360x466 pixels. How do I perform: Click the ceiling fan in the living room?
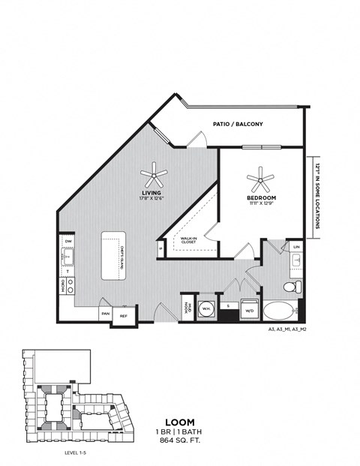(x=155, y=176)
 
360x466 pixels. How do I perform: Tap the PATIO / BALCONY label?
(x=238, y=125)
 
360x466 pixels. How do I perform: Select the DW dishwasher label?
(x=68, y=241)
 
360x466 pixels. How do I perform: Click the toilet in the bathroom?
(x=292, y=287)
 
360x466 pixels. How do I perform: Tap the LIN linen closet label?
(x=296, y=246)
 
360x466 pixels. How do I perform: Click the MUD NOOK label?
(x=187, y=308)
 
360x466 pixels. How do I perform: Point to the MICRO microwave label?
(x=62, y=286)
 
